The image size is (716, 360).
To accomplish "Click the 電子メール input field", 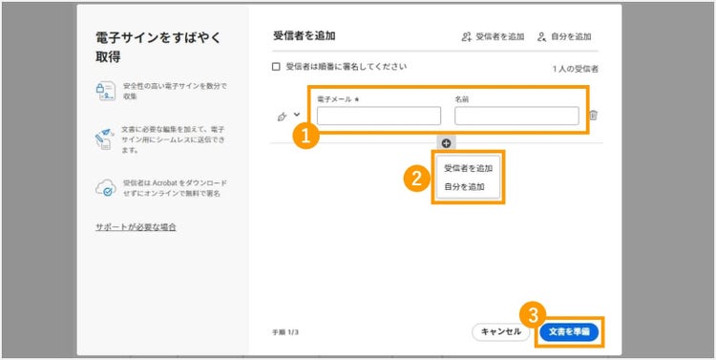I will [378, 116].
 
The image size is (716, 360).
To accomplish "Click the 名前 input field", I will [516, 116].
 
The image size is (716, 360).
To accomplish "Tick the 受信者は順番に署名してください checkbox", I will [277, 67].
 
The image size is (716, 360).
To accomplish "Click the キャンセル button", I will [500, 331].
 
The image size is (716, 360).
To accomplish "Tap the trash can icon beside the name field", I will [593, 116].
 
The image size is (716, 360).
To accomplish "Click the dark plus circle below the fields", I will [446, 142].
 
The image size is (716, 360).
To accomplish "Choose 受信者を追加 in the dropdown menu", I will [469, 168].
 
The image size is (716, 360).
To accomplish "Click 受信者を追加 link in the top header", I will [493, 36].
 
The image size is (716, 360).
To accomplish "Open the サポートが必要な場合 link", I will [136, 227].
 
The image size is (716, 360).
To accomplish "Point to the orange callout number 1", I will [305, 136].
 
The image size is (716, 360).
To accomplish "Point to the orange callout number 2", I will [415, 178].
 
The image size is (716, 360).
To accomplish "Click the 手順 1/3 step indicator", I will [285, 332].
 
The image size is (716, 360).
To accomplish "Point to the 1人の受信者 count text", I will [576, 70].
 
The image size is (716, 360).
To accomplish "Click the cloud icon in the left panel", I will [105, 188].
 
